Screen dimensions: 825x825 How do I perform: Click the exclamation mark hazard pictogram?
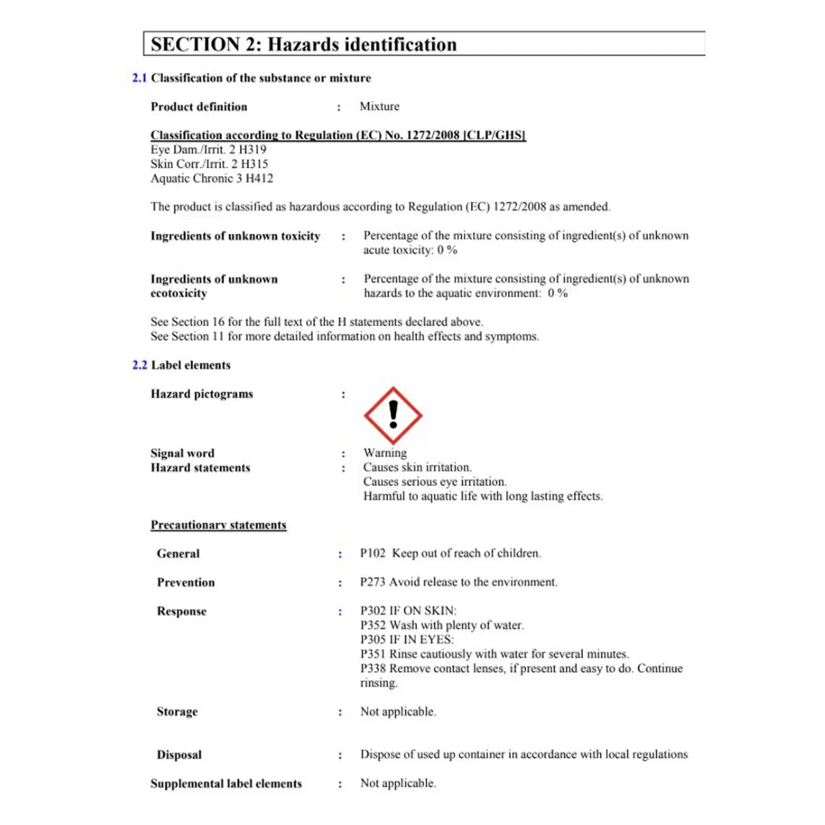[x=393, y=415]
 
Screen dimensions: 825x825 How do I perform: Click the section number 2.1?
[x=140, y=78]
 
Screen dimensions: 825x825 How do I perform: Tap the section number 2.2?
[x=140, y=365]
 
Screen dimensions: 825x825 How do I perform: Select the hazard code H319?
[x=252, y=150]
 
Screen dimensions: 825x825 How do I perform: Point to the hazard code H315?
[x=254, y=164]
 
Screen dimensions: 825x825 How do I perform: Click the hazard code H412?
[x=259, y=179]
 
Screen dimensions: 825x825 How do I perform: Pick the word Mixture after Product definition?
[x=379, y=107]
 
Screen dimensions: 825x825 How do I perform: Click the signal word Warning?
[x=385, y=453]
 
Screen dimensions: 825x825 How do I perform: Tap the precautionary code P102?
[x=373, y=553]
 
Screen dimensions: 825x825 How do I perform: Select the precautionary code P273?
[x=373, y=582]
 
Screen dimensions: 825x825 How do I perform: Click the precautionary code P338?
[x=373, y=669]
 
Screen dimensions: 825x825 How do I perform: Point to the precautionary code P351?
[x=373, y=654]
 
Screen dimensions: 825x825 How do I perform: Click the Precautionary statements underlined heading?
[x=219, y=525]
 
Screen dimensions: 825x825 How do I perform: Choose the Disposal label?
[x=179, y=755]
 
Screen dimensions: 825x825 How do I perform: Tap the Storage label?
[x=177, y=712]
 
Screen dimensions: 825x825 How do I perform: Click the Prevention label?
[x=186, y=582]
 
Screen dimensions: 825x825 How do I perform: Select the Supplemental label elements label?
[x=226, y=784]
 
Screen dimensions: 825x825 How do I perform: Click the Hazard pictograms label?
[x=202, y=394]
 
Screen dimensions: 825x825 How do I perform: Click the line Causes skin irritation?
[x=417, y=467]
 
